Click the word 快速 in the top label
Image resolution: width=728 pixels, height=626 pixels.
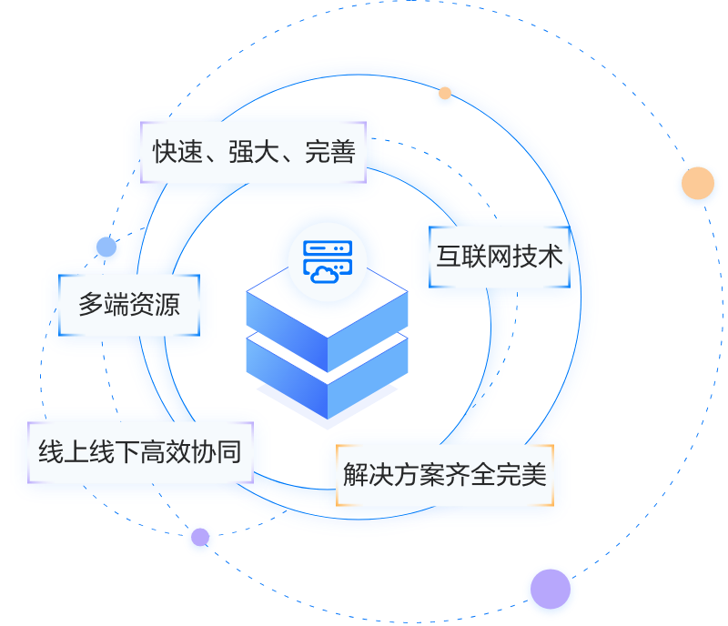coord(177,151)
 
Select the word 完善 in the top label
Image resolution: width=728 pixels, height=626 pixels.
coord(329,151)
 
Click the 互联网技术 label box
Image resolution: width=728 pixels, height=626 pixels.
coord(500,257)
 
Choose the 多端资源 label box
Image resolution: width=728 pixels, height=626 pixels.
coord(128,304)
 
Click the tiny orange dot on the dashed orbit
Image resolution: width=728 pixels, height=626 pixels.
coord(445,93)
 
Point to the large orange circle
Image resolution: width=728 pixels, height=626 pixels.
coord(698,184)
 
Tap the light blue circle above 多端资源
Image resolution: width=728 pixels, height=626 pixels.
coord(106,247)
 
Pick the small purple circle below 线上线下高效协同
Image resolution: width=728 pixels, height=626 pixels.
coord(199,539)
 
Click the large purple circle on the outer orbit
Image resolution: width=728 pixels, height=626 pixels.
coord(549,589)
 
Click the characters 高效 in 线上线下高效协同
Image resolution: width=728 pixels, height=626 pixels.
coord(165,450)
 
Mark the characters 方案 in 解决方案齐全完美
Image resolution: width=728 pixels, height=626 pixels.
coord(420,474)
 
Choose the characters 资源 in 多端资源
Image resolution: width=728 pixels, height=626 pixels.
coord(154,304)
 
